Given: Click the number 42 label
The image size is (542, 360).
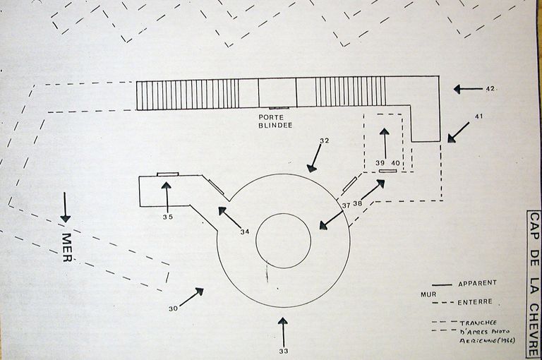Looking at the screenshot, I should pyautogui.click(x=490, y=89).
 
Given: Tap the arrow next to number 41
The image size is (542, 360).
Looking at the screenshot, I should pyautogui.click(x=457, y=132).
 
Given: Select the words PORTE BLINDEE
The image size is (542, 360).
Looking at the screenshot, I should pyautogui.click(x=275, y=121).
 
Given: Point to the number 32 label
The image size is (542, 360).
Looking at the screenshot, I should pyautogui.click(x=324, y=141).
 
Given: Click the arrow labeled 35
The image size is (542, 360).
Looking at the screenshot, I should pyautogui.click(x=167, y=195).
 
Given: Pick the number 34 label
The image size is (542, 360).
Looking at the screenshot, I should pyautogui.click(x=244, y=232).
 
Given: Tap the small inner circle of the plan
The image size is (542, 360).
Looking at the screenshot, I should pyautogui.click(x=283, y=241).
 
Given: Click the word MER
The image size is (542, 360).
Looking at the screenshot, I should pyautogui.click(x=68, y=247).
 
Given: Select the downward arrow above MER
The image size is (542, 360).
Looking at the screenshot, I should pyautogui.click(x=66, y=208).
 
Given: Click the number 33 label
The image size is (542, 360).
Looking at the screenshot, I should pyautogui.click(x=283, y=350).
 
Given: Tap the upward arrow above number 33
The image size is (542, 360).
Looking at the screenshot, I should pyautogui.click(x=283, y=331).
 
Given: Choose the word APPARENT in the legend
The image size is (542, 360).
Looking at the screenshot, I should pyautogui.click(x=477, y=283).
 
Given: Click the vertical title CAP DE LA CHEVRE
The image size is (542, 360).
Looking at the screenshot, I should pyautogui.click(x=534, y=282).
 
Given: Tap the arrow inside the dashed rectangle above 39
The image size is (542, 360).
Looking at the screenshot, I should pyautogui.click(x=384, y=142).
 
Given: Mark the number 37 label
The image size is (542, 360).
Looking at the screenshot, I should pyautogui.click(x=347, y=205).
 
